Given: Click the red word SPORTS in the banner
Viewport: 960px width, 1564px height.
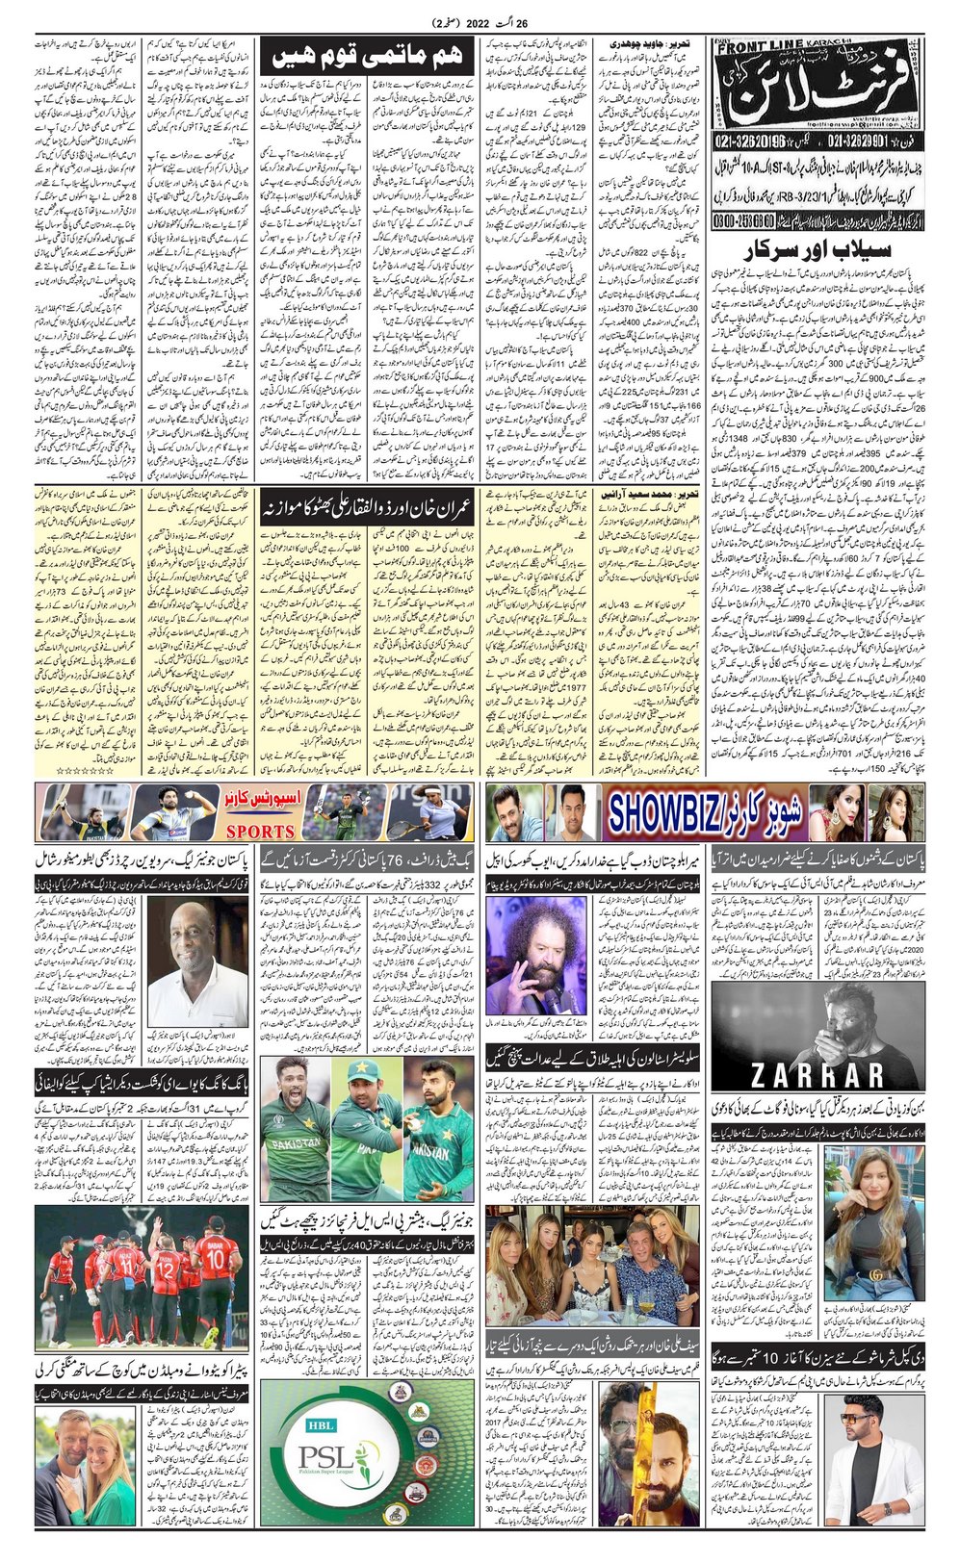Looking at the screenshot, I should pos(260,831).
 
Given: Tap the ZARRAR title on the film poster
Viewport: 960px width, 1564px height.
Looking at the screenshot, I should pos(817,1073).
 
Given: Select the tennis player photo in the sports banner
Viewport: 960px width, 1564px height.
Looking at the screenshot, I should pos(439,813).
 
